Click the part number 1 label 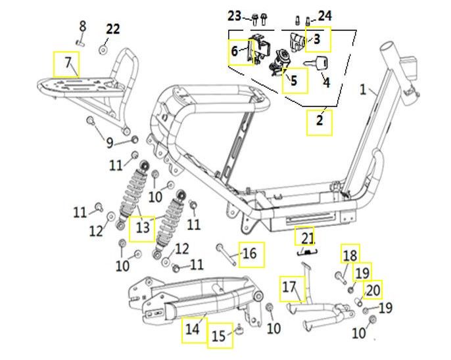[x=364, y=88]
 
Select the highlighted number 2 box [x=320, y=122]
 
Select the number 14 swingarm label [x=192, y=328]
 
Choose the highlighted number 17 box [x=290, y=287]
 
